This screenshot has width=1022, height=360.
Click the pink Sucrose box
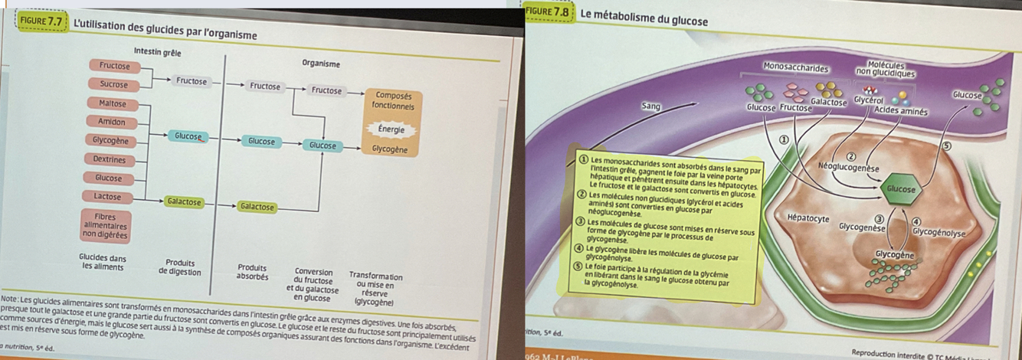point(113,84)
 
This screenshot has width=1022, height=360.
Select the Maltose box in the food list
point(112,103)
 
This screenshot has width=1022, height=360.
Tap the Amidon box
point(112,122)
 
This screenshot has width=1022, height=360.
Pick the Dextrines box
point(110,160)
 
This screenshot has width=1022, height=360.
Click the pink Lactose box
point(107,197)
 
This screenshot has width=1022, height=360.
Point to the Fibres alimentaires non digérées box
point(105,225)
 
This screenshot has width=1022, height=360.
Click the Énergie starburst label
point(391,129)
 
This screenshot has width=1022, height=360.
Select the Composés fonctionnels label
point(392,100)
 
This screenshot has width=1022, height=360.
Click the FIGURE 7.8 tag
point(548,12)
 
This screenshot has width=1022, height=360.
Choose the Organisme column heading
point(321,64)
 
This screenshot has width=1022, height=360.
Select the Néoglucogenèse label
point(848,166)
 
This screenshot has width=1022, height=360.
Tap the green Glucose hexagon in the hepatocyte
point(901,188)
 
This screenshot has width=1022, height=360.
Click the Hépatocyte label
point(808,218)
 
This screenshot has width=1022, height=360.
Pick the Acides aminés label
point(901,112)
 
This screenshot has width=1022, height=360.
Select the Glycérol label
point(869,100)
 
